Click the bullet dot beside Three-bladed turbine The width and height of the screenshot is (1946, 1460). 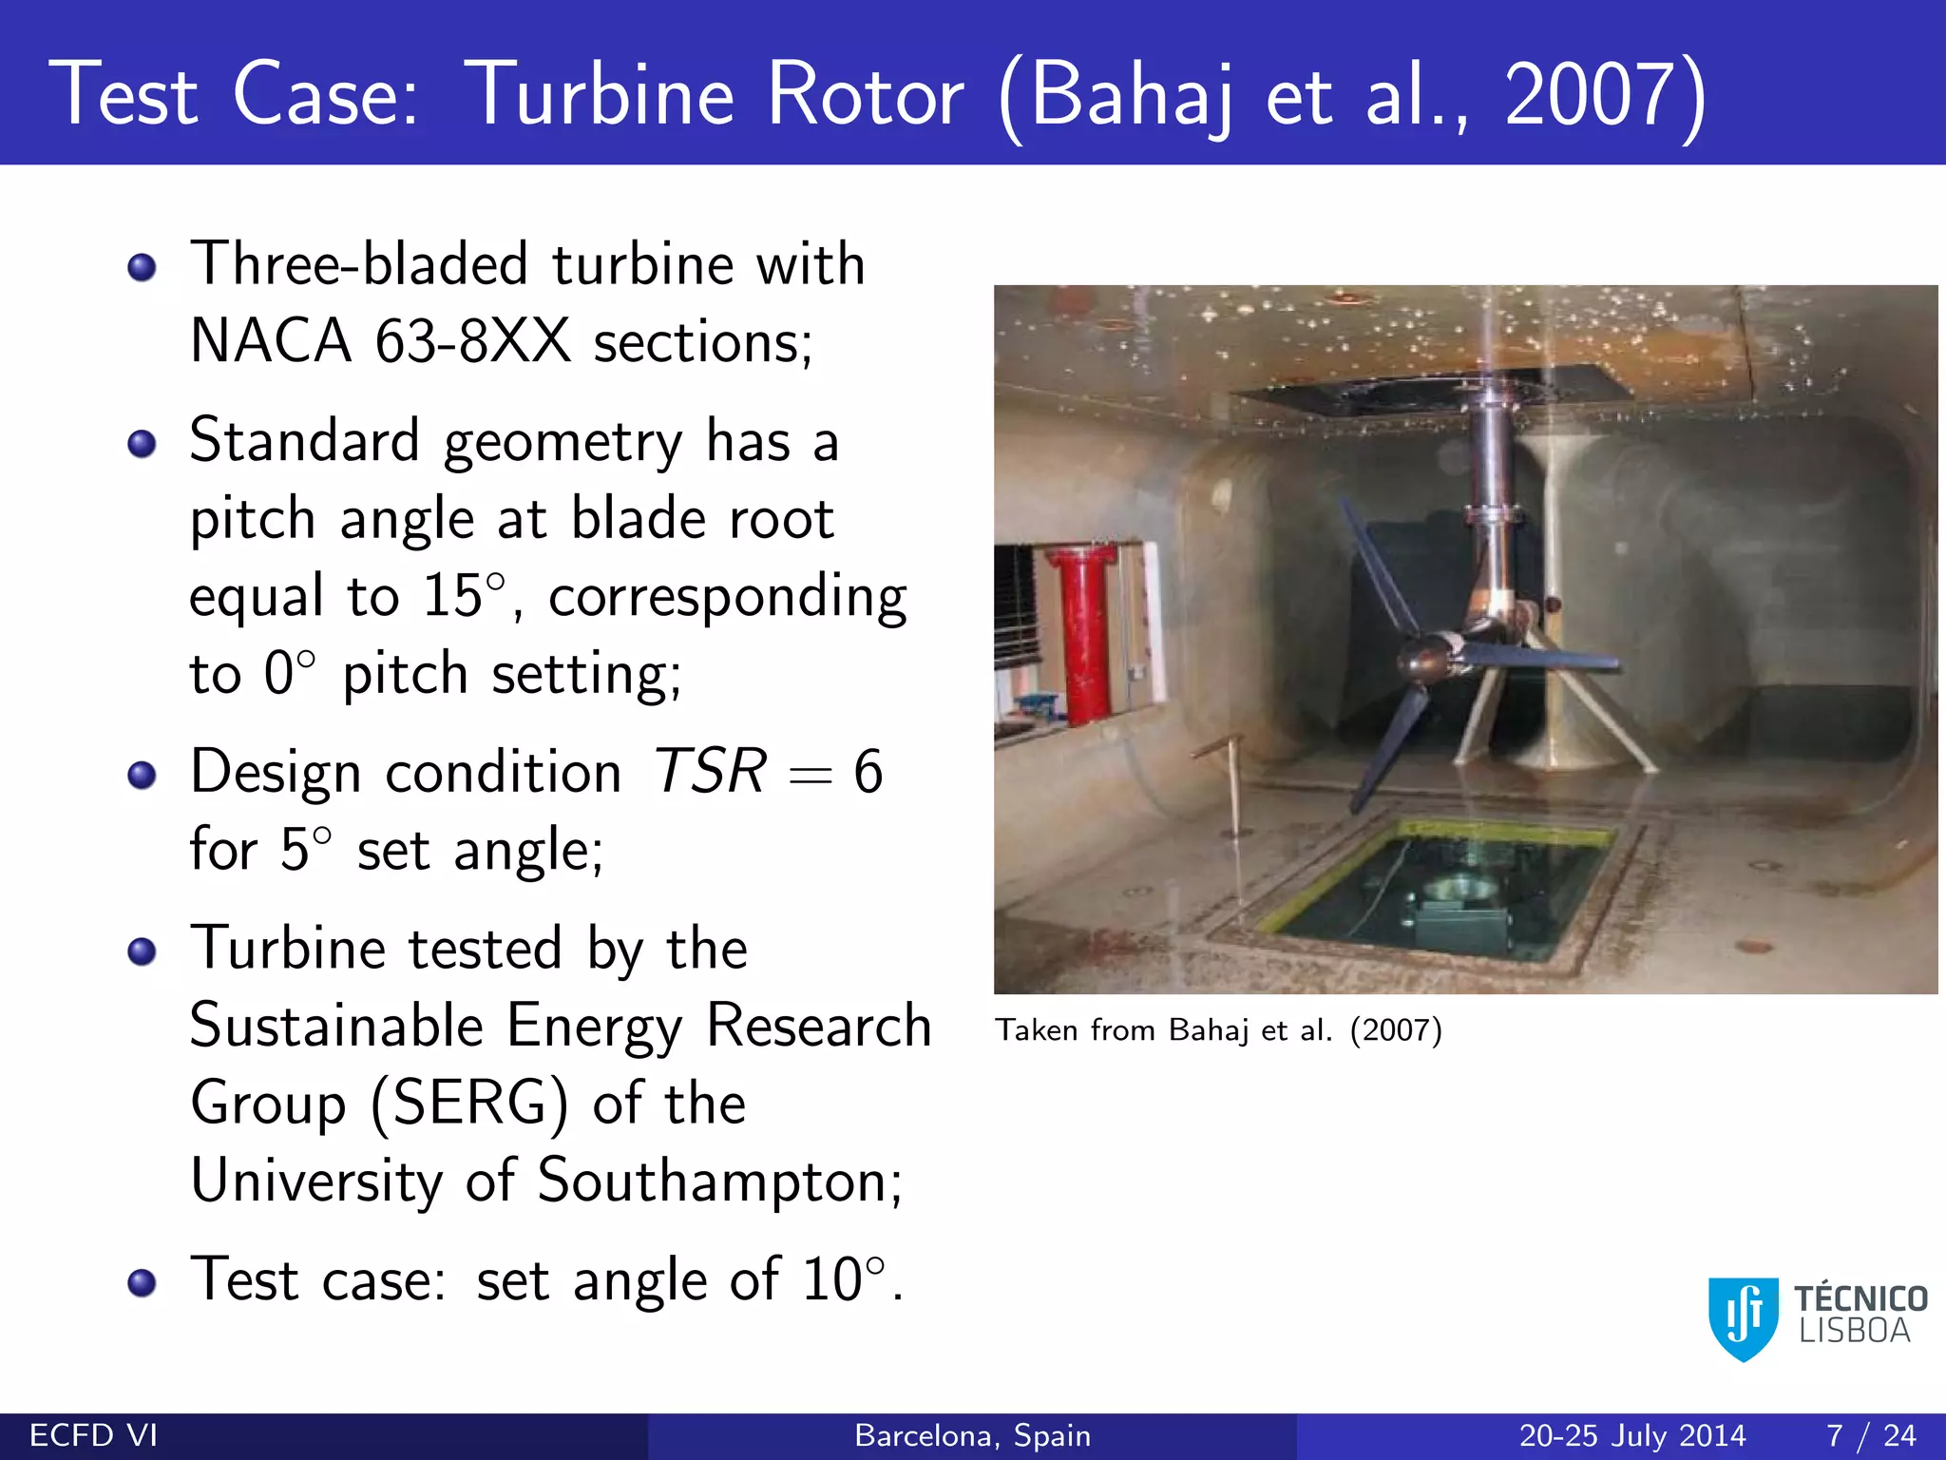pos(142,268)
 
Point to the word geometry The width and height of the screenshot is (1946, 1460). pos(563,443)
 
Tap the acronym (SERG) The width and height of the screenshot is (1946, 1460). pos(470,1105)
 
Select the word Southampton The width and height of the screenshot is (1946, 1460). pos(718,1181)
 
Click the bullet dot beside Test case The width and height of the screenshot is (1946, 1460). pos(142,1283)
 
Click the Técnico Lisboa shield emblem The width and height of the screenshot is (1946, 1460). pos(1744,1316)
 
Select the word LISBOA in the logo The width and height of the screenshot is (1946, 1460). pos(1854,1332)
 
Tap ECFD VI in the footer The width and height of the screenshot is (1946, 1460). pos(94,1435)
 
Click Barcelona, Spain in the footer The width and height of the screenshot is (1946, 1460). pos(972,1435)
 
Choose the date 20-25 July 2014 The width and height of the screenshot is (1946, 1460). pos(1631,1435)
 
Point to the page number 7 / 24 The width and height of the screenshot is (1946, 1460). pos(1870,1435)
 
